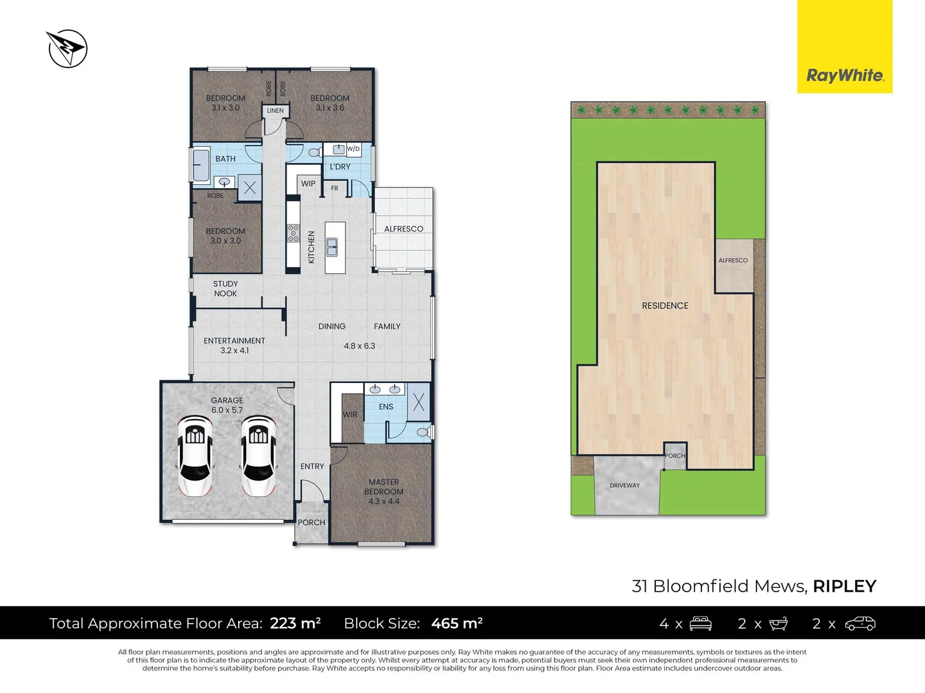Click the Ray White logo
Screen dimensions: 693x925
coord(845,76)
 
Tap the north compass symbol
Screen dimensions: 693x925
coord(67,48)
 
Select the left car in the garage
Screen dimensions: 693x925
coord(195,456)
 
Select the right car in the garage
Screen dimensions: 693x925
coord(258,456)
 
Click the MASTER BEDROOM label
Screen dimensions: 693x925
coord(383,492)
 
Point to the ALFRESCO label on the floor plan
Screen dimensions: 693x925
coord(403,229)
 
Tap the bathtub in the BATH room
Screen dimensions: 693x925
coord(201,166)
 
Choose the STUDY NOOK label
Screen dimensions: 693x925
coord(225,289)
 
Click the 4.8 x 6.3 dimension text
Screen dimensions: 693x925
coord(359,346)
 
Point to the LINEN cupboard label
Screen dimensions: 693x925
coord(275,111)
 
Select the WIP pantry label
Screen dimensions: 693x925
coord(308,184)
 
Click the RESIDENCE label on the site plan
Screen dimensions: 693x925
coord(665,306)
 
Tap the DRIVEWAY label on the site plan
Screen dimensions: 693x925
coord(624,486)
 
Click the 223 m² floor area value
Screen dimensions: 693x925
coord(295,623)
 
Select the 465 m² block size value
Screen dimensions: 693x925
coord(457,623)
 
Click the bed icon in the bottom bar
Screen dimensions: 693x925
coord(700,624)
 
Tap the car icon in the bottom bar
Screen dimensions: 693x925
coord(860,624)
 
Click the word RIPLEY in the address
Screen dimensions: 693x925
coord(844,586)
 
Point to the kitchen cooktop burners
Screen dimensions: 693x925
coord(293,234)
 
